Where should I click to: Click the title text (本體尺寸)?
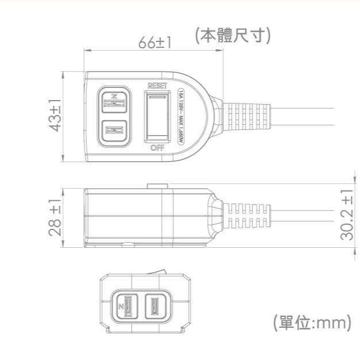tap(233, 36)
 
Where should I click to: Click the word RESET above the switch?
tap(157, 86)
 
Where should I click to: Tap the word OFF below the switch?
tap(157, 148)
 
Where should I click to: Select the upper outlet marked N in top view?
tap(114, 102)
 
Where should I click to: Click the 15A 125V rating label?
tap(182, 117)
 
